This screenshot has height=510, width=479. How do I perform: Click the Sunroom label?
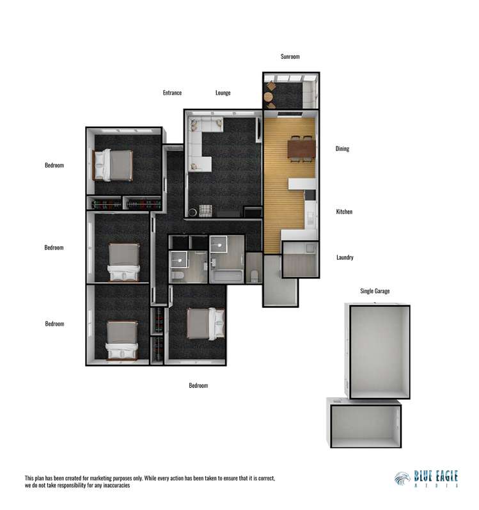290,57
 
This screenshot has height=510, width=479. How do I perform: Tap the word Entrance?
172,93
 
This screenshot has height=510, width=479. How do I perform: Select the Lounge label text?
223,93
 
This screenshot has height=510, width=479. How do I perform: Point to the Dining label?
342,149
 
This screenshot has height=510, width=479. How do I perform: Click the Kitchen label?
344,212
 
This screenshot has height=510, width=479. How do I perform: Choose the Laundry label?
345,258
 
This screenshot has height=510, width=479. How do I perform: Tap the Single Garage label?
375,291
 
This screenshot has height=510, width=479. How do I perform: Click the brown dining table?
301,149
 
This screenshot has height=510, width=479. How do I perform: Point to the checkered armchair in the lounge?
204,211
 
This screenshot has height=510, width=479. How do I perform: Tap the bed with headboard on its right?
205,323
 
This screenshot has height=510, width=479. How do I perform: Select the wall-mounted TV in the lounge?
258,128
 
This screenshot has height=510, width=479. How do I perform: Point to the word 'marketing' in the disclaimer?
107,478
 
